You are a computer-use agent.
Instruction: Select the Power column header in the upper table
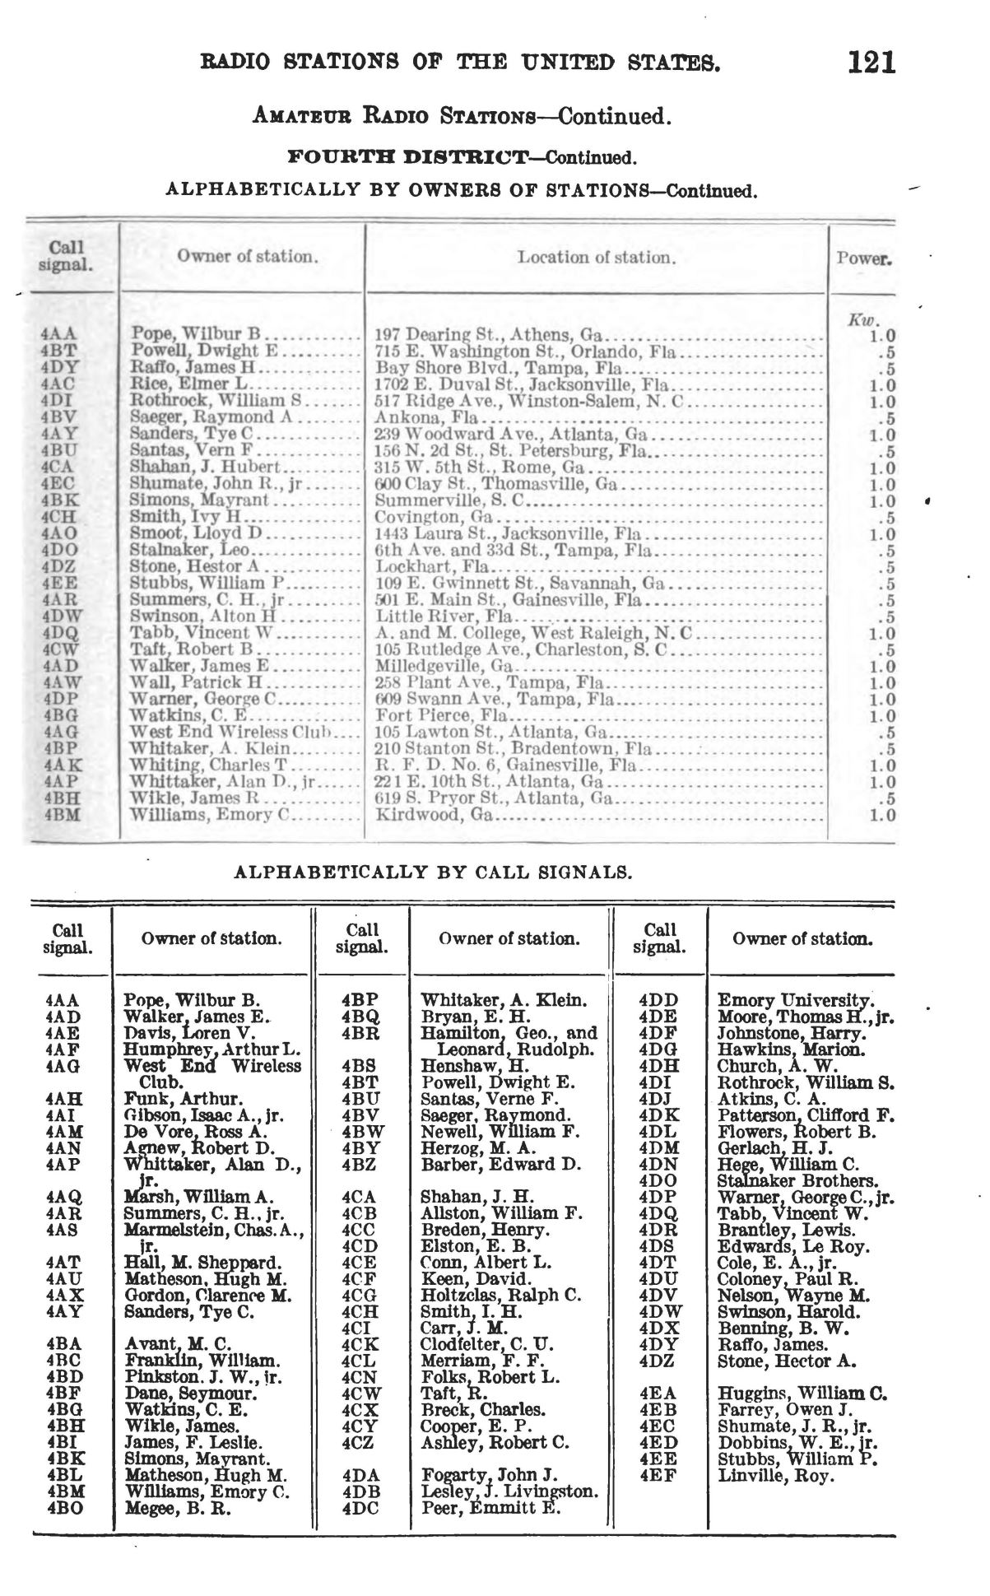[x=863, y=258]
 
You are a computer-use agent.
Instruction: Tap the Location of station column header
[x=597, y=258]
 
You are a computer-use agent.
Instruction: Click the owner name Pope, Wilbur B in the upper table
[x=195, y=335]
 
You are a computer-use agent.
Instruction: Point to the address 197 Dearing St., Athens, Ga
[x=490, y=335]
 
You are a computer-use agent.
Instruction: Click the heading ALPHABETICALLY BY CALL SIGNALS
[x=434, y=872]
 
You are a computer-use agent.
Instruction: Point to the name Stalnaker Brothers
[x=797, y=1181]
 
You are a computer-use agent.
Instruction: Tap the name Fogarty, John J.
[x=489, y=1476]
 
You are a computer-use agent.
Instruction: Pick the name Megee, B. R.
[x=178, y=1509]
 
